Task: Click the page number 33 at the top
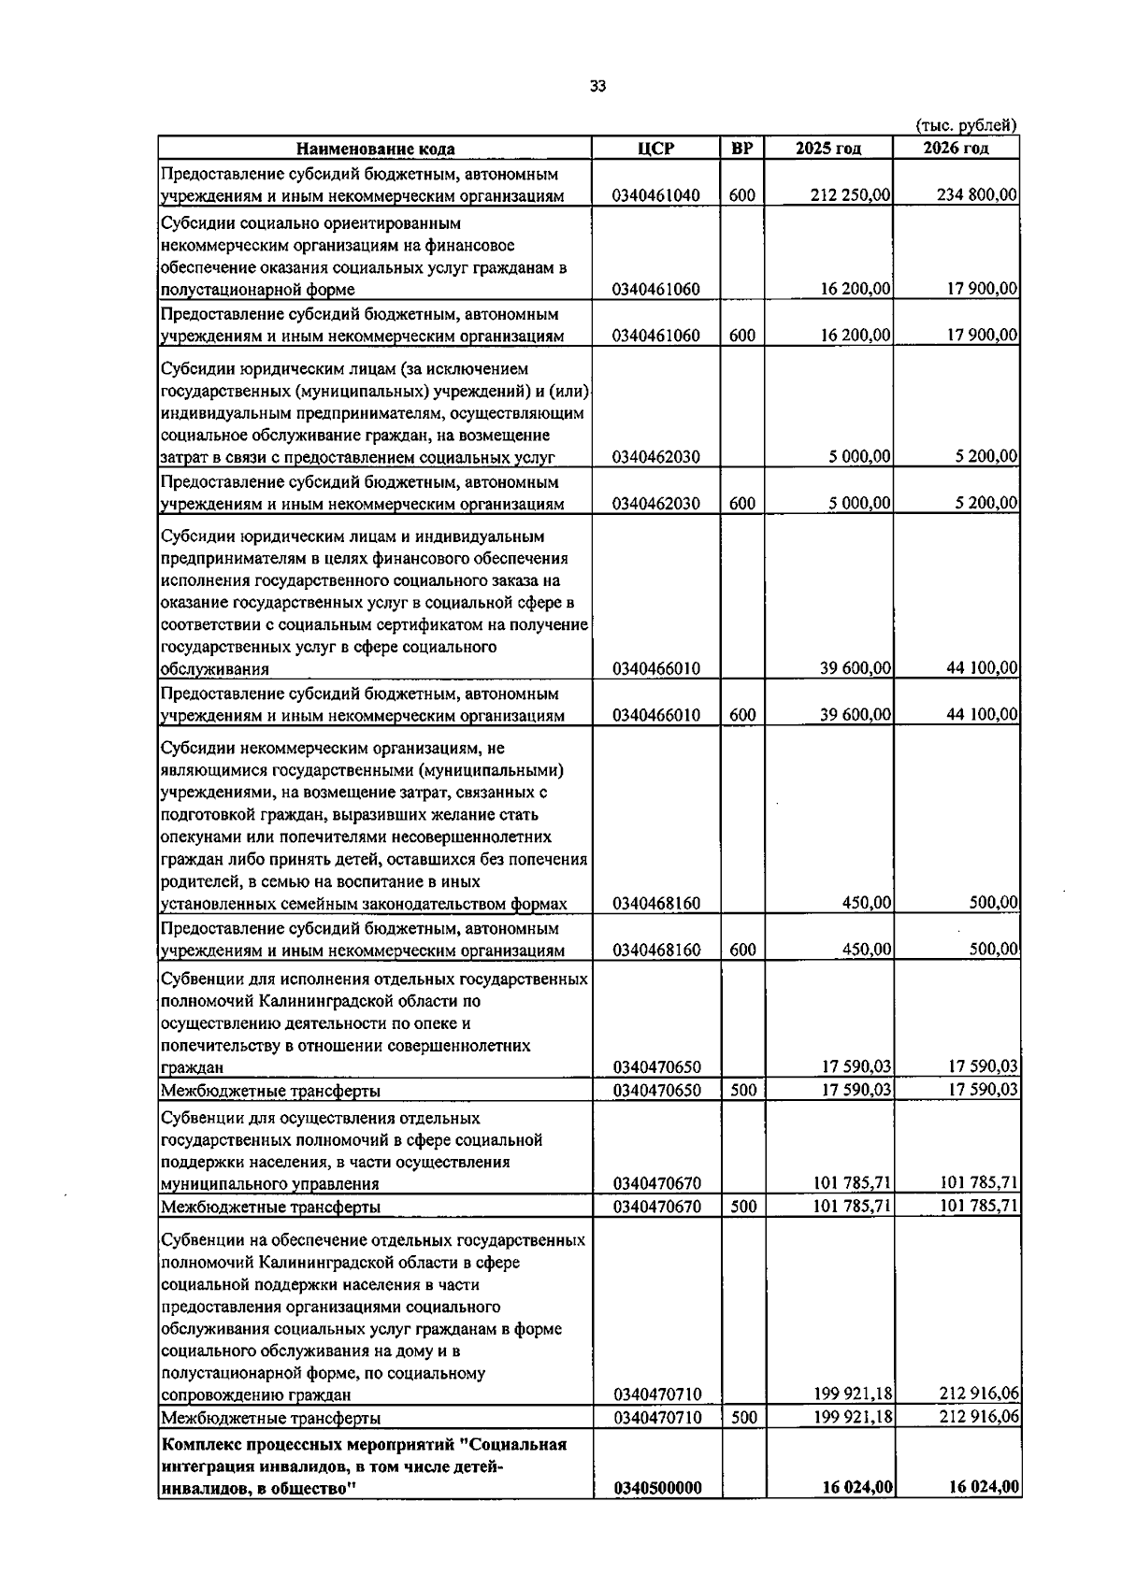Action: (597, 86)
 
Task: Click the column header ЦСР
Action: (655, 149)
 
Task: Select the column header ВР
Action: (742, 149)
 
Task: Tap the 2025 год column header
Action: (827, 149)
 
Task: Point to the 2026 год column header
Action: (956, 149)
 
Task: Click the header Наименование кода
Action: (376, 150)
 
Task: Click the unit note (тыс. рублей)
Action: (966, 125)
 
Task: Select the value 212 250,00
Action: (850, 195)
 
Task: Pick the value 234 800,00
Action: (977, 195)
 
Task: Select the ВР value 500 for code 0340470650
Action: (742, 1090)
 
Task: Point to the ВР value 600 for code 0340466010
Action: (742, 715)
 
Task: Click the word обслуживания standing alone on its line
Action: (215, 669)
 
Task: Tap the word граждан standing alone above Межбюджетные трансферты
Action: (192, 1067)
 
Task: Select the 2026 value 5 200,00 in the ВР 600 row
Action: (986, 504)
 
